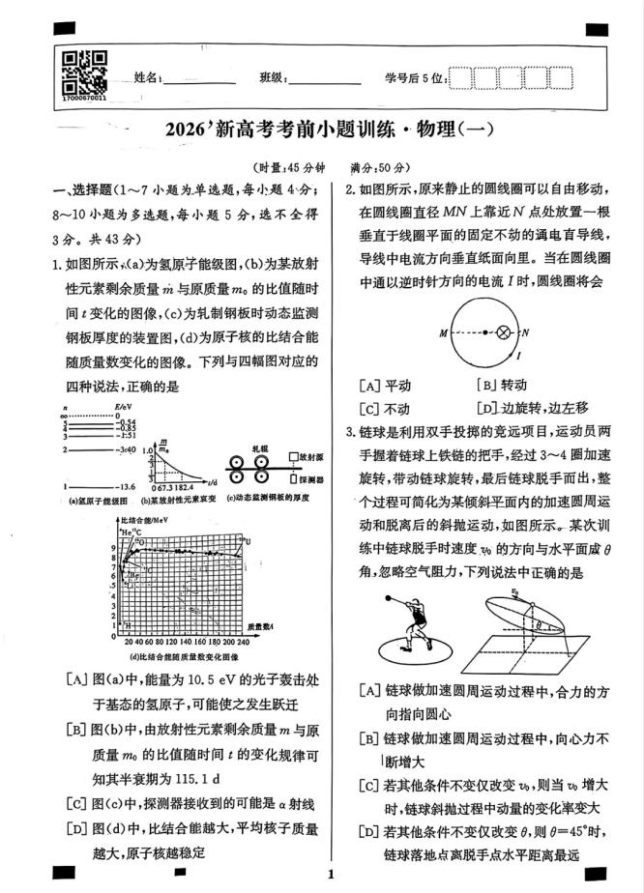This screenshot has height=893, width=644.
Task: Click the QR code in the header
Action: pos(83,74)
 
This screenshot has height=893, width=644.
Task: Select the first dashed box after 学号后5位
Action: pos(461,78)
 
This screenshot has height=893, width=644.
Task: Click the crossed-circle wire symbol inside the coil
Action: pos(502,332)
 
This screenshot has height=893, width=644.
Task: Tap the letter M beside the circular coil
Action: pos(443,332)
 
